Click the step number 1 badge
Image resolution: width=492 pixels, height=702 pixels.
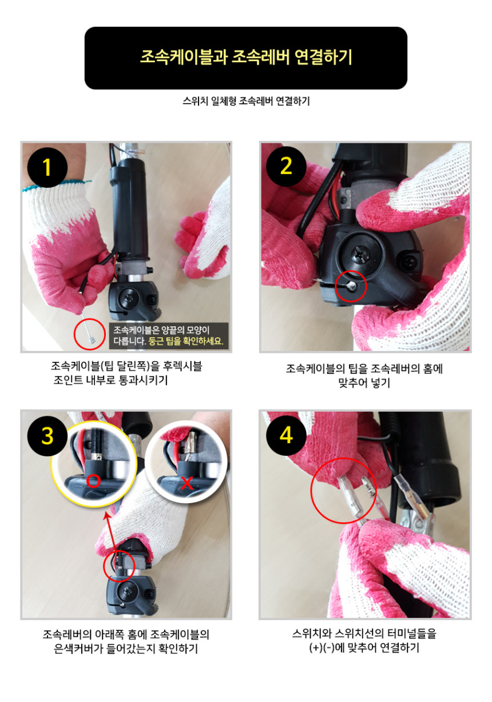pos(47,167)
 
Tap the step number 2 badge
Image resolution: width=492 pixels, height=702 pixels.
pos(286,167)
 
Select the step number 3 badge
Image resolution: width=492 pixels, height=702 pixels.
pos(47,436)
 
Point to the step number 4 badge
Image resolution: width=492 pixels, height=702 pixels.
pos(286,436)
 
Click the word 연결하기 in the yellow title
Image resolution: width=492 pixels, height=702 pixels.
pos(323,57)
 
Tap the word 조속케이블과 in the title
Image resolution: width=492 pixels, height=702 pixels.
pos(183,57)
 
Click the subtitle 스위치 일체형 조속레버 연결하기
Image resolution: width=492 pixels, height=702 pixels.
pos(246,101)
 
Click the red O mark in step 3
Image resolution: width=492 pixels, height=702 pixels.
pos(93,480)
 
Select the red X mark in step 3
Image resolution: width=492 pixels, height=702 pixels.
pos(187,483)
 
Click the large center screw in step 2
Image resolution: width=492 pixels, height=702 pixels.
pos(360,253)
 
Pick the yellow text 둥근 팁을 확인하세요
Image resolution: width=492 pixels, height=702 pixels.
pos(186,341)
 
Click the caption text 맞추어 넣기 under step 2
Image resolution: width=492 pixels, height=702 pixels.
pos(364,383)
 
